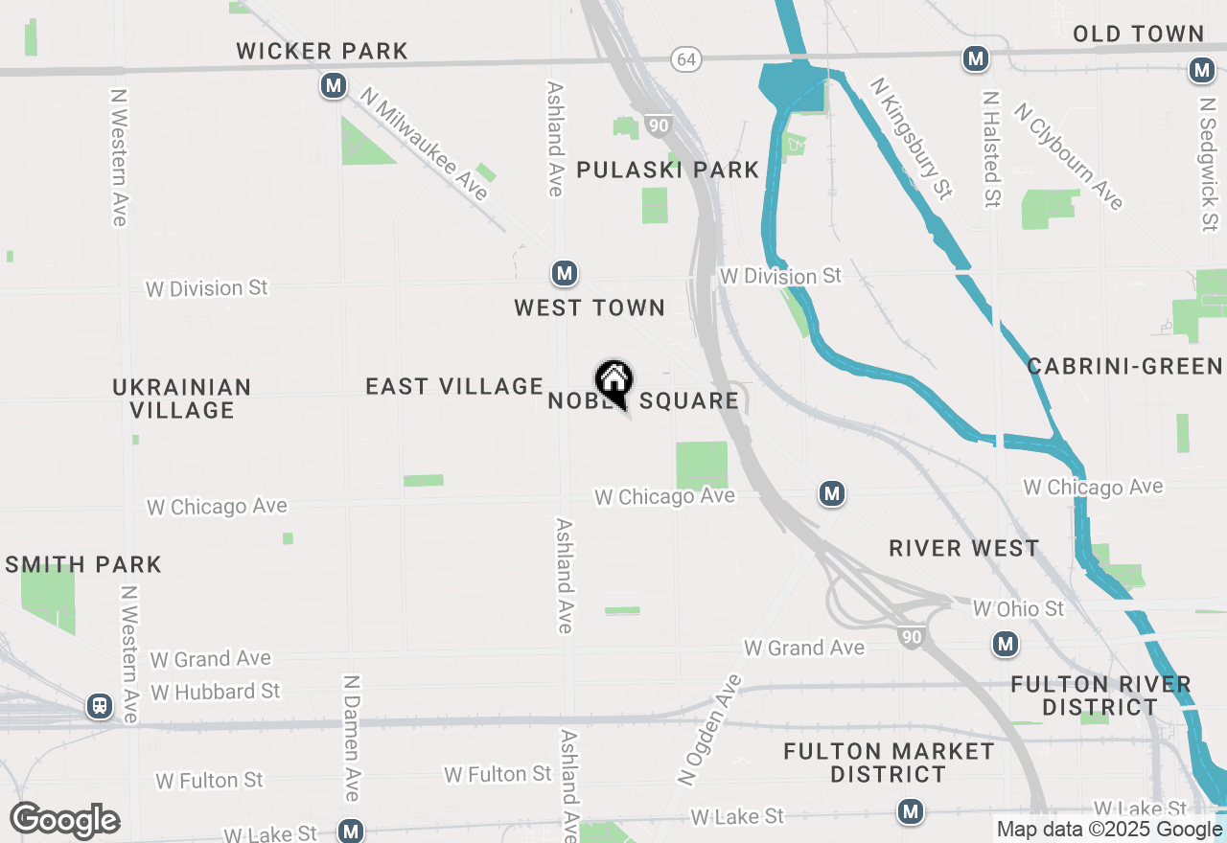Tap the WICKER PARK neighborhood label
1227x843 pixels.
pos(322,51)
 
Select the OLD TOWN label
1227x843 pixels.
pos(1138,34)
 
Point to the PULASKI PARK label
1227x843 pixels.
pos(667,171)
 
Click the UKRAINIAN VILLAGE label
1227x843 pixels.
pos(181,399)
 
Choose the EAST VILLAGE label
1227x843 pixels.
pos(454,386)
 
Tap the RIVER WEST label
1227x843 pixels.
pos(963,548)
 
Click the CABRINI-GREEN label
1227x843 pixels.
pos(1124,366)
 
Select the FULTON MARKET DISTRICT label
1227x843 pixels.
pos(888,763)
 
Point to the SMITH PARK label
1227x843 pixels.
pos(83,564)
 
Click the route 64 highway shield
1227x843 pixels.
pos(685,59)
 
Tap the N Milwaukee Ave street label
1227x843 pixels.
pos(425,143)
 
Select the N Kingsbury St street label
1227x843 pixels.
pos(910,139)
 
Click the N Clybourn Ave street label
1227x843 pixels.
pos(1068,155)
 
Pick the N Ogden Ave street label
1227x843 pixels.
pos(710,730)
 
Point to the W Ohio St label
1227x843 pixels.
pos(1018,609)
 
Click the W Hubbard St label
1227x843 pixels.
pos(215,692)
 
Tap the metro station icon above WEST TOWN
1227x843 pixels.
pos(565,274)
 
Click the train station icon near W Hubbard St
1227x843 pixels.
pos(99,707)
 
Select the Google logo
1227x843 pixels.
pos(64,820)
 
